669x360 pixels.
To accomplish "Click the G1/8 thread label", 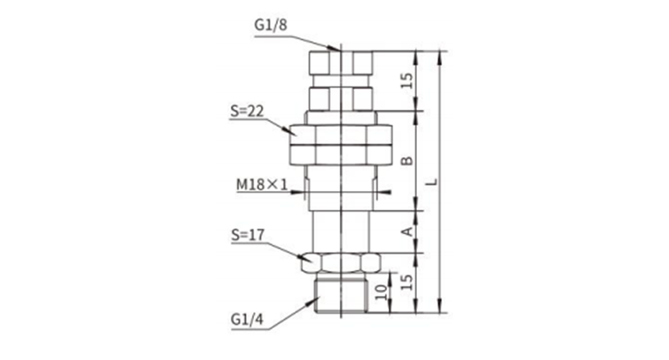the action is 270,25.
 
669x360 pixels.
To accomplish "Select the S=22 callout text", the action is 247,111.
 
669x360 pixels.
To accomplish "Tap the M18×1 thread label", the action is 262,184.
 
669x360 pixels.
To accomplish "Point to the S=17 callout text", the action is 248,235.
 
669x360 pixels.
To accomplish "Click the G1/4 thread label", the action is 247,319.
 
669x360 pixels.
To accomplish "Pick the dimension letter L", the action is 432,182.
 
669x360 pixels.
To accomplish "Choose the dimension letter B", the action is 407,160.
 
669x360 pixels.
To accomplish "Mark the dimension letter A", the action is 408,231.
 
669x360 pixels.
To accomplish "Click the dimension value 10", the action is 382,291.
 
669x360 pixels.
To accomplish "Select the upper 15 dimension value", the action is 407,81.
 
